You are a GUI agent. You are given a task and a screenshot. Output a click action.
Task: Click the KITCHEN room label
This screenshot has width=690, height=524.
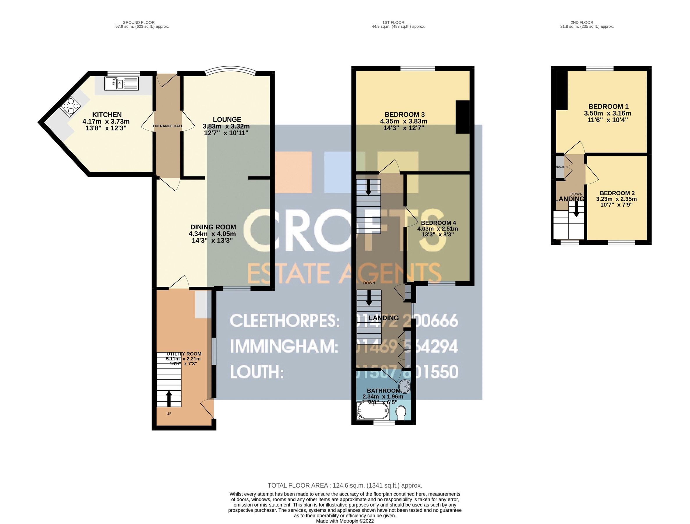(x=107, y=114)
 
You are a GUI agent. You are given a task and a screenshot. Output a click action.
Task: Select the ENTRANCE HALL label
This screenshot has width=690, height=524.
(x=168, y=126)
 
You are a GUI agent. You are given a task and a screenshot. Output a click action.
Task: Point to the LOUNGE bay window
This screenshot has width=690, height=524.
(x=231, y=69)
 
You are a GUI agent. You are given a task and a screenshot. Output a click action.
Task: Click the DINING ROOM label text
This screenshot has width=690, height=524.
(x=213, y=227)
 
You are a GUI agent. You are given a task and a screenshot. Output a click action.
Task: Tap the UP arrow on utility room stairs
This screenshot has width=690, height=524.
(x=169, y=399)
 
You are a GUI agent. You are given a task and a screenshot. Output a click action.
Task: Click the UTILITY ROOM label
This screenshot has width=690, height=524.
(x=184, y=354)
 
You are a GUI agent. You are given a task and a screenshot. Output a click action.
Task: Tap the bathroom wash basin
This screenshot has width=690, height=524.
(x=406, y=387)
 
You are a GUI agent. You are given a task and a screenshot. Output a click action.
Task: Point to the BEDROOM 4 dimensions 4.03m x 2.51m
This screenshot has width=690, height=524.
(x=438, y=229)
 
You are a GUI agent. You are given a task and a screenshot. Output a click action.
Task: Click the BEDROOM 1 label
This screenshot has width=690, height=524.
(x=608, y=107)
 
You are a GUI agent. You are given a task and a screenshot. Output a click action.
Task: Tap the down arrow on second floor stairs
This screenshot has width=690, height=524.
(x=576, y=209)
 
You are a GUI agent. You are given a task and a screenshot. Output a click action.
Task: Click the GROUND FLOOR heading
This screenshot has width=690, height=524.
(x=138, y=22)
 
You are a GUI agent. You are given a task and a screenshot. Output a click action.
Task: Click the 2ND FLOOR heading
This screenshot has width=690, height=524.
(x=582, y=22)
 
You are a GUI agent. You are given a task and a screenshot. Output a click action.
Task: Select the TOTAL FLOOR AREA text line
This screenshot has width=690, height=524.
(x=345, y=486)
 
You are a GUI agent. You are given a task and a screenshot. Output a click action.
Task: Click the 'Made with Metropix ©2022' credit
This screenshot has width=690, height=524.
(x=345, y=521)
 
